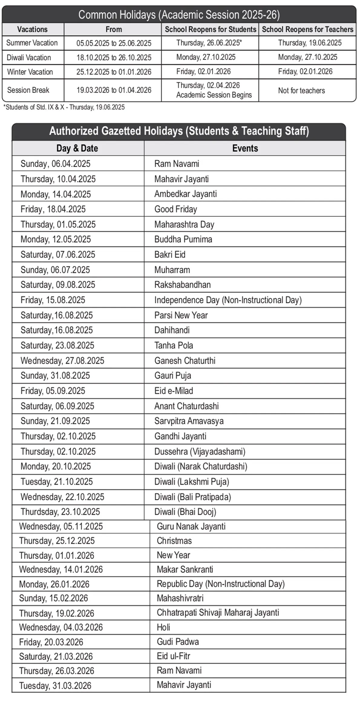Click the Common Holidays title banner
[x=179, y=15]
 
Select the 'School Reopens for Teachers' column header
[x=307, y=29]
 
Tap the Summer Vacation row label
[x=32, y=43]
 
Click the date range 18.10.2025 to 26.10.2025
[x=114, y=57]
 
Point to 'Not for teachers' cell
[x=301, y=90]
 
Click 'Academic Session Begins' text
[x=214, y=95]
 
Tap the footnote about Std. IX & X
[x=64, y=107]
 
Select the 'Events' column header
[x=245, y=148]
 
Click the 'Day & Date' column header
[x=77, y=148]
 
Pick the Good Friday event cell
[x=175, y=209]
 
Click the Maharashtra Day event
[x=184, y=224]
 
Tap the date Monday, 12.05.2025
[x=56, y=239]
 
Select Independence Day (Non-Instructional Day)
[x=228, y=300]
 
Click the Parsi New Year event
[x=181, y=315]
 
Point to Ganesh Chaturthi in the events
[x=185, y=361]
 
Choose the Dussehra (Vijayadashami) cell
[x=200, y=451]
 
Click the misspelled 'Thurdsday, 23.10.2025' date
[x=60, y=512]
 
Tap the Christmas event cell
[x=174, y=541]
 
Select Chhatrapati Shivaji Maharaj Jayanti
[x=218, y=613]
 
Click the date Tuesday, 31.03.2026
[x=55, y=686]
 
